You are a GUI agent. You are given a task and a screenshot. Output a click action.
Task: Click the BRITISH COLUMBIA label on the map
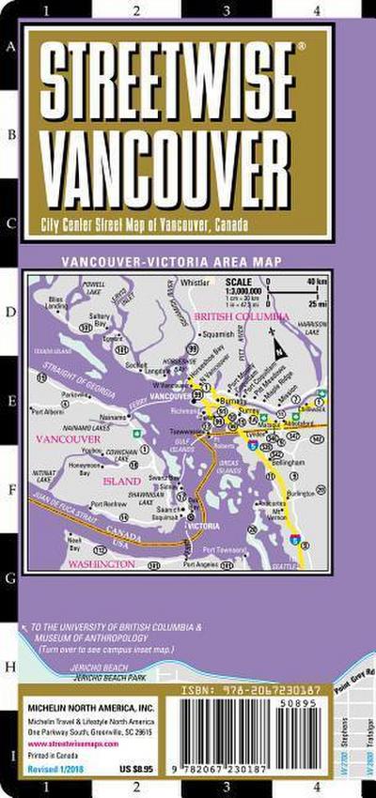(241, 318)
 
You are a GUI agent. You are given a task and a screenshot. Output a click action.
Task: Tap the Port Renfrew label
(110, 503)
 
